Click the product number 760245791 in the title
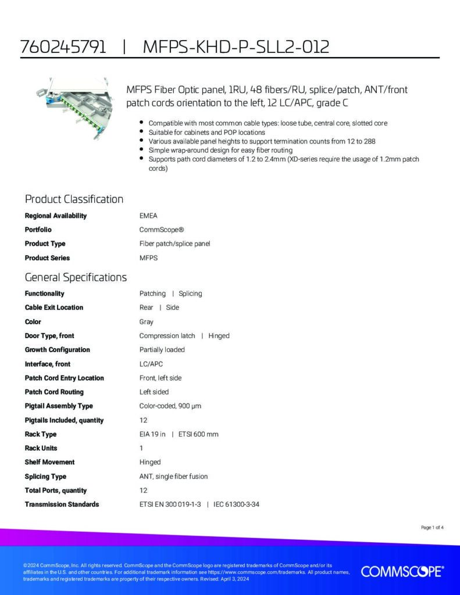coord(63,46)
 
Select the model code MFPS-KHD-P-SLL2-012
coord(236,46)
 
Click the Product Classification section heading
coord(74,199)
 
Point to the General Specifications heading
coord(76,277)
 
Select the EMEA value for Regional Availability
coord(148,216)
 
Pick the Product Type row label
coord(45,243)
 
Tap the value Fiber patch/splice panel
coord(174,243)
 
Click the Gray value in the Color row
coord(147,321)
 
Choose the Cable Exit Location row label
coord(54,307)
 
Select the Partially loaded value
coord(162,350)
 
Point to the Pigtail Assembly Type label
coord(58,406)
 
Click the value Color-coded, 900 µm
coord(170,406)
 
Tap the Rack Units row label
coord(41,448)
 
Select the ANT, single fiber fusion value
coord(173,476)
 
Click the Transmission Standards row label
coord(62,504)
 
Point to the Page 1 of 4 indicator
coord(432,528)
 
